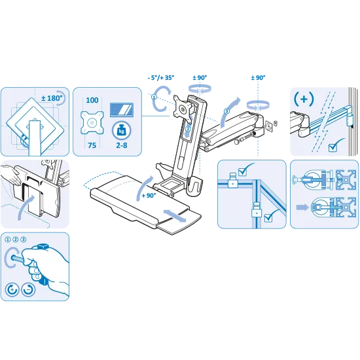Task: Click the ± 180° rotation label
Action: (52, 98)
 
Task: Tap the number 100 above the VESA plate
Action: (92, 100)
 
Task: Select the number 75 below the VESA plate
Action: (92, 145)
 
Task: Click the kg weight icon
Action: (122, 130)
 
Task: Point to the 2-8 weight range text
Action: (122, 145)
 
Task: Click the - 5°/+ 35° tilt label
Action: (161, 78)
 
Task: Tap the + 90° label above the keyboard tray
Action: (149, 196)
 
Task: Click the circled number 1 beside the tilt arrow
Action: (154, 97)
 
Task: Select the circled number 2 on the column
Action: (188, 129)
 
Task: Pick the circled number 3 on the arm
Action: (226, 111)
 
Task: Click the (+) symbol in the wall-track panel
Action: (304, 99)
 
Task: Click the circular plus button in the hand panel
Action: (12, 289)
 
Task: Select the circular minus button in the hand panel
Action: (28, 289)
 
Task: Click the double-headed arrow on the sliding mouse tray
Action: (175, 216)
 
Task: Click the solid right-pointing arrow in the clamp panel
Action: (302, 207)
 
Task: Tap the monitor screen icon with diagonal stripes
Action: (122, 110)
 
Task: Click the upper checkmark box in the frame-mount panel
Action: (244, 170)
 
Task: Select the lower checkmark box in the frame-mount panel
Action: (270, 216)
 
